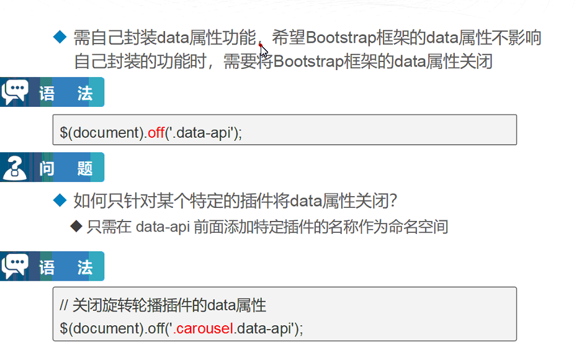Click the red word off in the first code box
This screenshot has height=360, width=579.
[156, 132]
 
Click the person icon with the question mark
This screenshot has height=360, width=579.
[15, 168]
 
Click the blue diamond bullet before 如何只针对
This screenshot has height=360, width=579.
[60, 200]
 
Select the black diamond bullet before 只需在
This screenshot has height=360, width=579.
[76, 226]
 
